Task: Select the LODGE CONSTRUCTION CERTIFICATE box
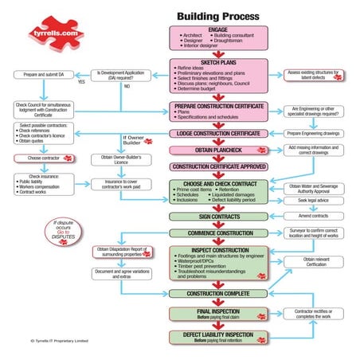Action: click(217, 132)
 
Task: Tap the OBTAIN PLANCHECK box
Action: click(217, 150)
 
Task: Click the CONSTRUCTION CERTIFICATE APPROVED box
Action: click(217, 167)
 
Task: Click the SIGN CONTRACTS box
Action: click(217, 216)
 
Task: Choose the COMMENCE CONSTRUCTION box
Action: click(217, 233)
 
